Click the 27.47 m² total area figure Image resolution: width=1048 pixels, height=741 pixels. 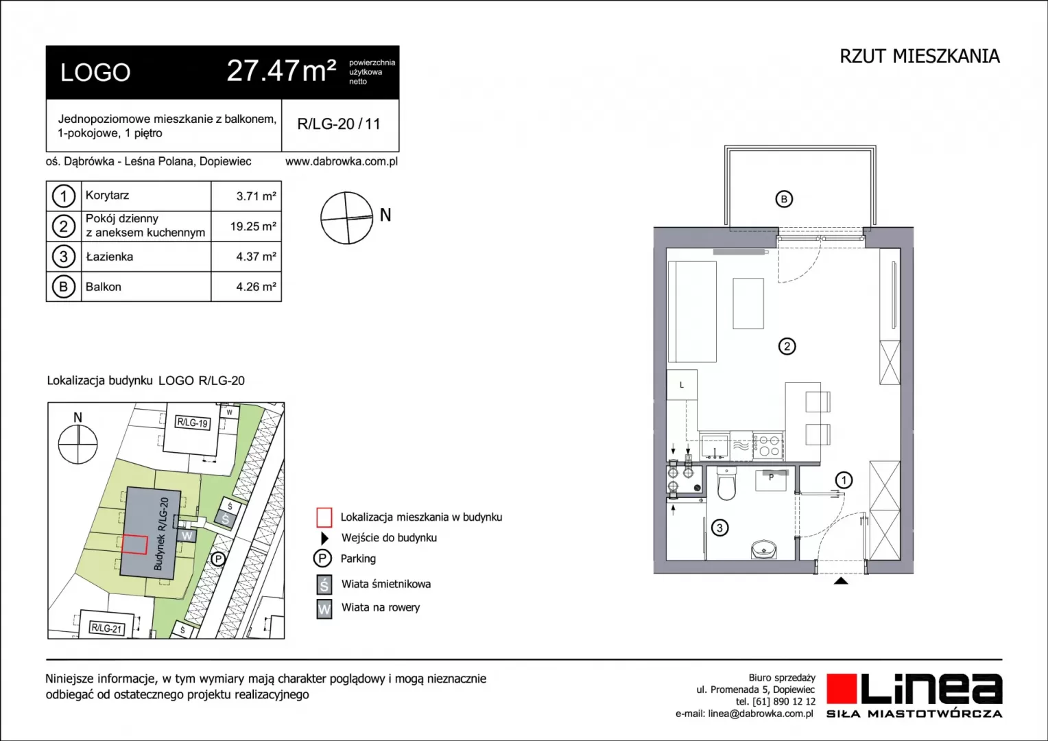pos(281,71)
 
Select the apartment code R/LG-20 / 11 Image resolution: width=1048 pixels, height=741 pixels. pos(339,124)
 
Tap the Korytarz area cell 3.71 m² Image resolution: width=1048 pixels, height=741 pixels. pos(256,196)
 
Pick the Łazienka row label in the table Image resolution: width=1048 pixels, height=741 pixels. pos(110,257)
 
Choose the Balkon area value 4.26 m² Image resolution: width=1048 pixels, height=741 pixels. pos(256,287)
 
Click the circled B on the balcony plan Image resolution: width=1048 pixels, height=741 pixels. pos(784,199)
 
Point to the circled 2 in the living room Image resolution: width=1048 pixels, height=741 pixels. pos(787,346)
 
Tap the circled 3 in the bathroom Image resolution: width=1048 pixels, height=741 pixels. pos(719,528)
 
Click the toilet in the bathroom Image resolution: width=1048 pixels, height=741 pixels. pos(726,483)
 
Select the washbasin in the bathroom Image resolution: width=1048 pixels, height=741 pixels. pos(763,549)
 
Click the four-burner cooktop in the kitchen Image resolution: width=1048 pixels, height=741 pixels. pos(768,446)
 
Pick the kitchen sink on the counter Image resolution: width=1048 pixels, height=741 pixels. pos(715,446)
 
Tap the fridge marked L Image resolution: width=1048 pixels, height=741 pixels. pos(682,385)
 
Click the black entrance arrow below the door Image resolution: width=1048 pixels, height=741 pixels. pos(841,581)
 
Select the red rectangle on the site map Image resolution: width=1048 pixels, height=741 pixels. pos(134,545)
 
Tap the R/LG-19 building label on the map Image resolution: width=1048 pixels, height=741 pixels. pos(192,423)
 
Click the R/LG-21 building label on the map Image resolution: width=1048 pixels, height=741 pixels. pos(107,628)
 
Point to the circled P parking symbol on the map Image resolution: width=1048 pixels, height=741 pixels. pos(218,558)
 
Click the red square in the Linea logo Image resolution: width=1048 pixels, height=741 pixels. pos(841,688)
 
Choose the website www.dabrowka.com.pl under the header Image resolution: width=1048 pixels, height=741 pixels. pos(342,161)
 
